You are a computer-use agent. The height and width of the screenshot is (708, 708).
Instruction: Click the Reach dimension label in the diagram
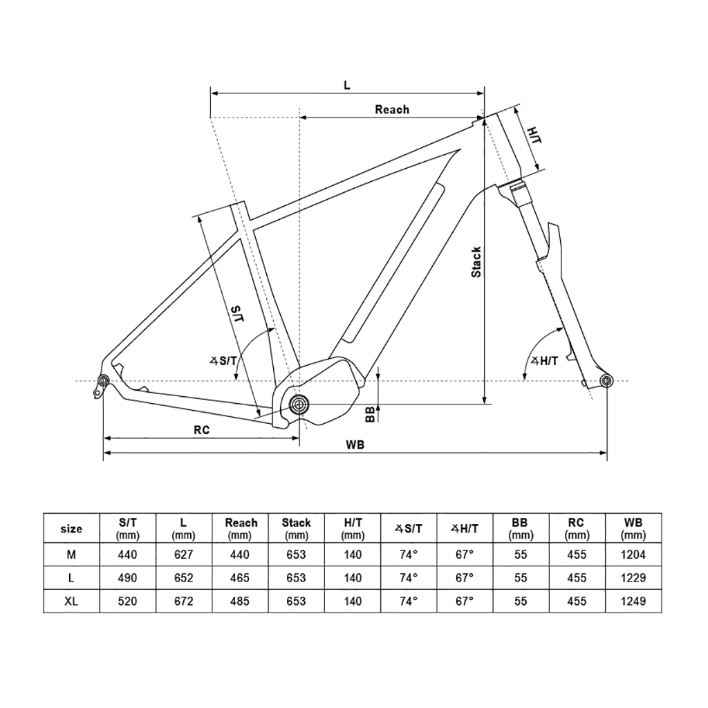click(391, 109)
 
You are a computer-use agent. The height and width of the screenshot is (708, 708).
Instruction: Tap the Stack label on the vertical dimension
click(476, 262)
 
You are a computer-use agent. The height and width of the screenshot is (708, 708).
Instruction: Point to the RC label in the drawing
click(201, 429)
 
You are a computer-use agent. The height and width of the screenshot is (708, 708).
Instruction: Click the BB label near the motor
click(371, 413)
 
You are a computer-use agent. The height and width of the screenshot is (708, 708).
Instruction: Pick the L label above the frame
click(347, 85)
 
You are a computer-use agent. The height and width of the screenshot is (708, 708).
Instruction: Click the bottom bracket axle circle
click(299, 404)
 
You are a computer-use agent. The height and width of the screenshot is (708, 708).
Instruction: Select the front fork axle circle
click(606, 380)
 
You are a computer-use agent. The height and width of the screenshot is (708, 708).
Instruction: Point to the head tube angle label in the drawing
click(544, 360)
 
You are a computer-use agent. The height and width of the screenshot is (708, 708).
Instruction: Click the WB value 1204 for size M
click(633, 555)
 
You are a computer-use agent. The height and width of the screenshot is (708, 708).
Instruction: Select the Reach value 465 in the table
click(241, 578)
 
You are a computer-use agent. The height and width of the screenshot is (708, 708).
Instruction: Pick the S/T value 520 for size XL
click(127, 602)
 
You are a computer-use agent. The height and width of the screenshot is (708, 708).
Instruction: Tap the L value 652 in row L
click(184, 578)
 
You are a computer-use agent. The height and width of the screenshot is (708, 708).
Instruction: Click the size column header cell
click(71, 529)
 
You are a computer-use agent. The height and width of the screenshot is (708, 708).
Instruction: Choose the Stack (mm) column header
click(296, 529)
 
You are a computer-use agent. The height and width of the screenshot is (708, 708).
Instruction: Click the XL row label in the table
click(71, 602)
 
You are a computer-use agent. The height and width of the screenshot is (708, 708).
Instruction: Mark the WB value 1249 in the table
click(633, 602)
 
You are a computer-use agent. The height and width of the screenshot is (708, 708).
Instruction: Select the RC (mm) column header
click(577, 529)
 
